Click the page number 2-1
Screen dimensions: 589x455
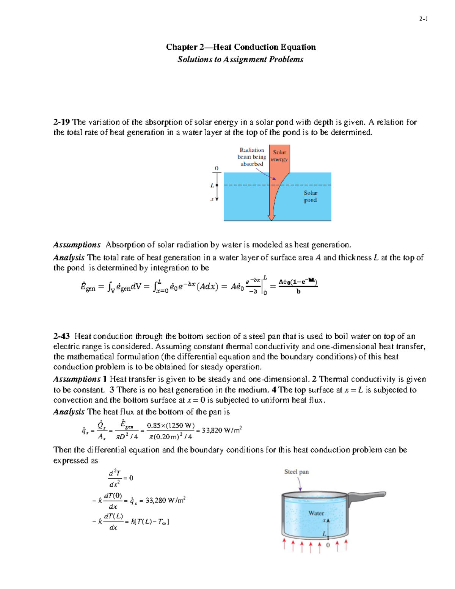pyautogui.click(x=423, y=19)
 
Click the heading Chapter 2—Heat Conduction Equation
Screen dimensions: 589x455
pyautogui.click(x=240, y=47)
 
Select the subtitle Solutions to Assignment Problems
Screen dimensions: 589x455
pyautogui.click(x=240, y=60)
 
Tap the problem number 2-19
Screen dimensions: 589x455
pyautogui.click(x=61, y=122)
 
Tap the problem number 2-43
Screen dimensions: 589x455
pyautogui.click(x=61, y=336)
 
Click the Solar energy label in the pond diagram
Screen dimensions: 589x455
pyautogui.click(x=279, y=156)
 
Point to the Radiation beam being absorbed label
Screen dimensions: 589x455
pyautogui.click(x=252, y=157)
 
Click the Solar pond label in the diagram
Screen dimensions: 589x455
pyautogui.click(x=310, y=196)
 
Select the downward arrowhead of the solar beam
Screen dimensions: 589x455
pyautogui.click(x=271, y=217)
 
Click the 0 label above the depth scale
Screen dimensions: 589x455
pyautogui.click(x=217, y=168)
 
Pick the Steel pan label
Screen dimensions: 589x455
pyautogui.click(x=297, y=472)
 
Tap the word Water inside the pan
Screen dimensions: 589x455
pyautogui.click(x=316, y=513)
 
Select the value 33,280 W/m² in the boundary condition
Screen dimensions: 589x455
pyautogui.click(x=165, y=501)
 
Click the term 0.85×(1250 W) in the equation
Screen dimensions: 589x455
pyautogui.click(x=171, y=426)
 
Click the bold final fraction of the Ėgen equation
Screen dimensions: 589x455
pyautogui.click(x=298, y=286)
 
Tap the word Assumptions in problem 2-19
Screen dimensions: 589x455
pyautogui.click(x=77, y=245)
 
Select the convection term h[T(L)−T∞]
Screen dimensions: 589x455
pyautogui.click(x=150, y=522)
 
